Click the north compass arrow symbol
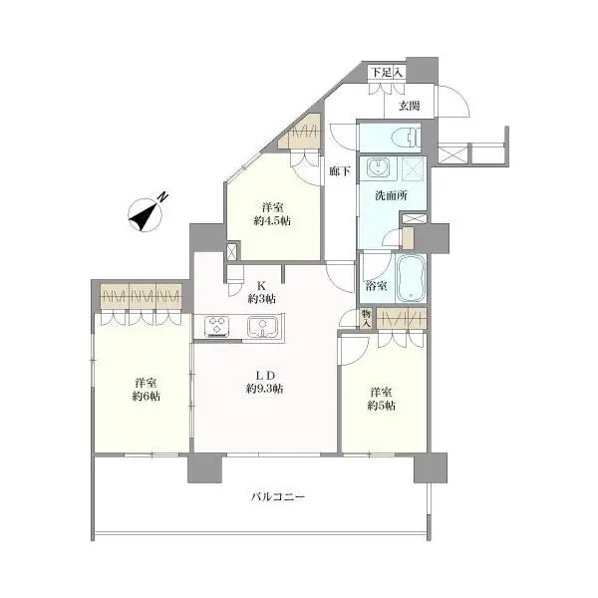point(146,212)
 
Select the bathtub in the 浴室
point(411,279)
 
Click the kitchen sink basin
point(263,326)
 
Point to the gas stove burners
point(218,326)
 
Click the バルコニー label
point(271,496)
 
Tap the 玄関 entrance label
point(411,106)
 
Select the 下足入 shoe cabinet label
point(387,72)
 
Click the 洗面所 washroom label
point(392,196)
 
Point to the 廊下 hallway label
point(340,171)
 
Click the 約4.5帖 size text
point(272,220)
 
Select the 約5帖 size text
point(383,406)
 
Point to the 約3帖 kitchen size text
point(261,298)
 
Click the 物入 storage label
point(366,317)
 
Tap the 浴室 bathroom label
point(377,284)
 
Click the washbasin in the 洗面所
point(378,166)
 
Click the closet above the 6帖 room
point(141,296)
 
